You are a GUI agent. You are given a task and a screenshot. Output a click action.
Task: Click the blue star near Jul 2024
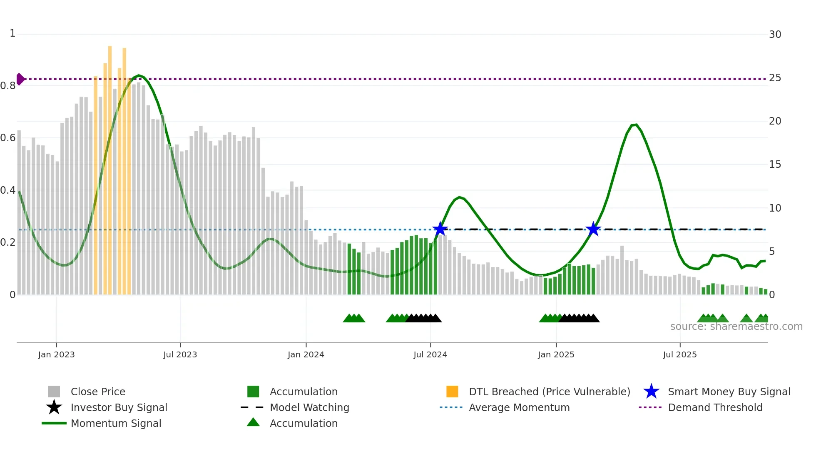[x=440, y=229]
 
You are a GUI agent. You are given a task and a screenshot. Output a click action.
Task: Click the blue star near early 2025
[x=593, y=229]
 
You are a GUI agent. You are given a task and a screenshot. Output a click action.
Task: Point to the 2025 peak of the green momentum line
[x=634, y=125]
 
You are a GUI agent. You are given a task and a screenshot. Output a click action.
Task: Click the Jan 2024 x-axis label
[x=306, y=354]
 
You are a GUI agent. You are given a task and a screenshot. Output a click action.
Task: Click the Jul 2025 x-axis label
[x=679, y=354]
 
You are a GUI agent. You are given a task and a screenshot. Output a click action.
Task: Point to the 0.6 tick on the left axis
[x=8, y=138]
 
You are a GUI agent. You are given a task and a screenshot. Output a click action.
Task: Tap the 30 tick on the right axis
[x=775, y=35]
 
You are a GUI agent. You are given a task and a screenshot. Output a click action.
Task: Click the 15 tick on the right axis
[x=775, y=165]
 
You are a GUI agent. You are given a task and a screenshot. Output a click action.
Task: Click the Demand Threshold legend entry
[x=715, y=407]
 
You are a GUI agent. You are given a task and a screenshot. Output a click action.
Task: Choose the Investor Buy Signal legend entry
[x=119, y=407]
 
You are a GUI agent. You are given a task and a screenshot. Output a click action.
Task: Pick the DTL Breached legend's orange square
[x=452, y=392]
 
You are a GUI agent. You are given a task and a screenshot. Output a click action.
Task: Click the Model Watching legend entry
[x=309, y=407]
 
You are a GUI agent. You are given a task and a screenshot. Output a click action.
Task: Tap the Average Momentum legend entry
[x=519, y=407]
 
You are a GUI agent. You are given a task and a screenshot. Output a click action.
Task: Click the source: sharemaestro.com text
[x=736, y=327]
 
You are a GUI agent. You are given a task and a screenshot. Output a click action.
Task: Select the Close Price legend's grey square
[x=54, y=392]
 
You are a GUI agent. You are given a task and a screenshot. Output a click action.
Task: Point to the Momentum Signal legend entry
[x=116, y=423]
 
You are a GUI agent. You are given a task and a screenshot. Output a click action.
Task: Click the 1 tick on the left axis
[x=12, y=33]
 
